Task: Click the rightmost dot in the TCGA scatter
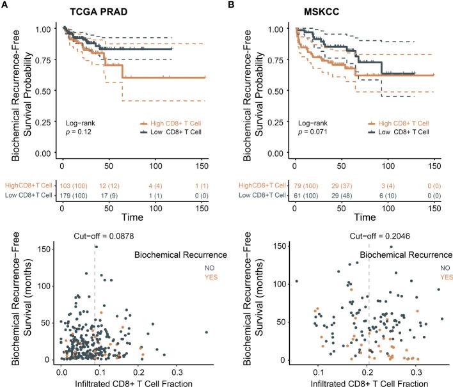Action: pos(207,332)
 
